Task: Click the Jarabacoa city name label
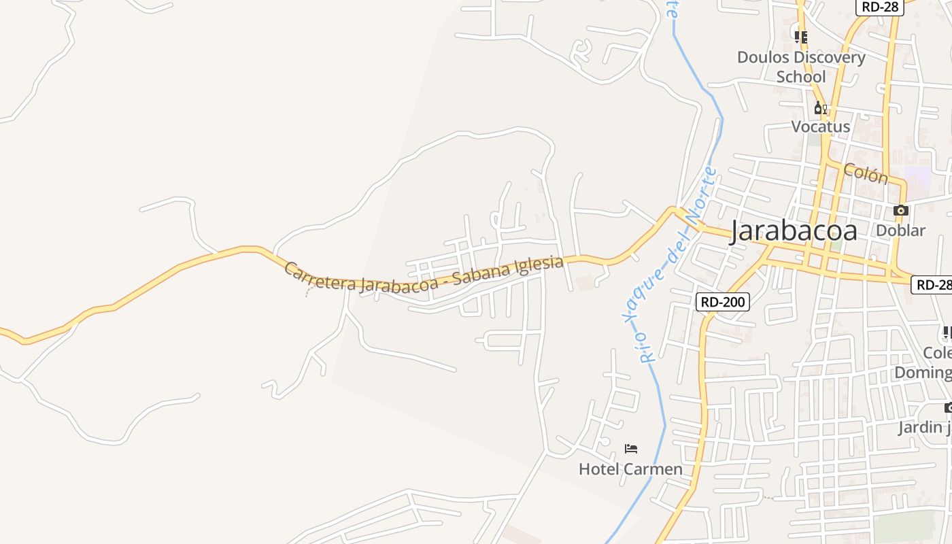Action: (x=794, y=231)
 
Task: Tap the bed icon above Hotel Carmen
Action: (x=631, y=449)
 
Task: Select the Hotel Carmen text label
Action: (x=630, y=469)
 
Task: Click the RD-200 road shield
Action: (x=722, y=301)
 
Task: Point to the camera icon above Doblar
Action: (x=901, y=211)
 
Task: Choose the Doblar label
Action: (x=900, y=231)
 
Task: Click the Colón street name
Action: (x=866, y=173)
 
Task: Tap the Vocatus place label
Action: (x=820, y=126)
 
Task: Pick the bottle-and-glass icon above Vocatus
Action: (x=820, y=108)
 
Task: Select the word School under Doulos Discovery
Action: (x=801, y=77)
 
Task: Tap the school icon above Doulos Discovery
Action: (x=801, y=37)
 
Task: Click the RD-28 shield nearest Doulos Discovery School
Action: (x=879, y=7)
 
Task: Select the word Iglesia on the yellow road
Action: (x=541, y=264)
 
